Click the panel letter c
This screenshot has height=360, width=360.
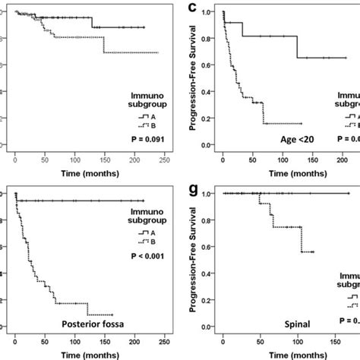tap(195, 8)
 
